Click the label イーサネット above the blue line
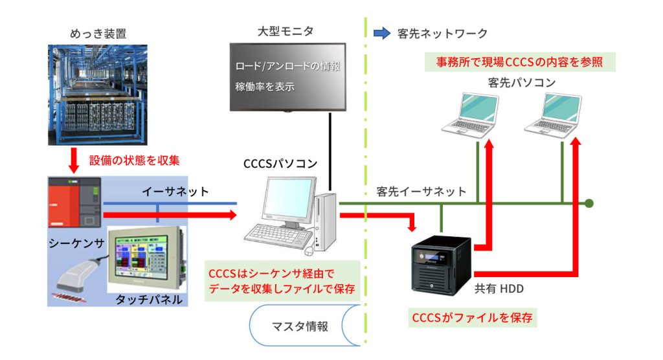point(175,191)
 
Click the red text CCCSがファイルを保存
point(475,319)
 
